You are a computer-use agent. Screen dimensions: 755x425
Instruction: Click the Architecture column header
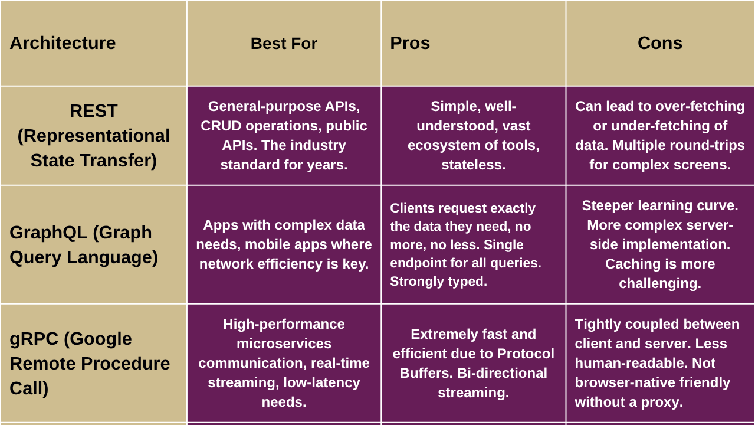(63, 43)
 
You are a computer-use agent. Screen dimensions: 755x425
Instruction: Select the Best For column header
(284, 44)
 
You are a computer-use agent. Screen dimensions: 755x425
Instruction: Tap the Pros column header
(410, 43)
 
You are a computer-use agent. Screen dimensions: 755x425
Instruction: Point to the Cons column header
(660, 43)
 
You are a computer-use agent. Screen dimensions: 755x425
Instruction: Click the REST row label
(94, 136)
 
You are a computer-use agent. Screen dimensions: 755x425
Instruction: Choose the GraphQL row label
(84, 245)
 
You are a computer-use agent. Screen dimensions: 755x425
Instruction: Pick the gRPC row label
(90, 363)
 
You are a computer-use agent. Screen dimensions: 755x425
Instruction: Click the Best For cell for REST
(284, 136)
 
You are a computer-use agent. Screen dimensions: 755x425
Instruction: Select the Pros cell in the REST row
(473, 136)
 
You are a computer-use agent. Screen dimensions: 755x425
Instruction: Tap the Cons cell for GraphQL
(660, 244)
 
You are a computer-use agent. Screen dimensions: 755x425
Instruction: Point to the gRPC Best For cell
(284, 363)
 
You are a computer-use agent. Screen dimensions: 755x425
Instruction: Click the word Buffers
(426, 373)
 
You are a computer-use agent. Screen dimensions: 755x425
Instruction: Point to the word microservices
(284, 344)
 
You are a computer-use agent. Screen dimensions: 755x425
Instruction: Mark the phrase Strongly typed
(438, 282)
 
